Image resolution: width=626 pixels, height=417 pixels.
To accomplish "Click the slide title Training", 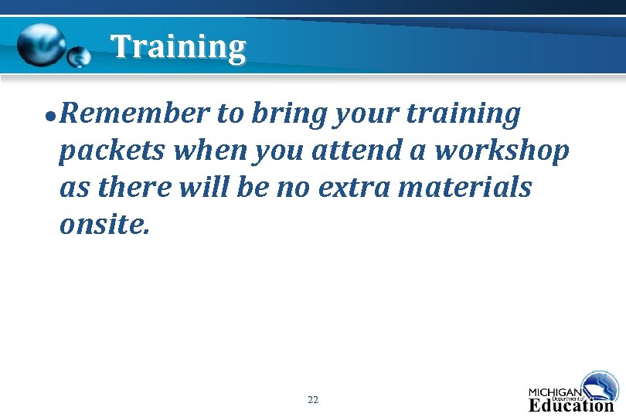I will point(178,47).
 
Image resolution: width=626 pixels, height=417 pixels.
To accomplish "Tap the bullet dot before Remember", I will point(49,117).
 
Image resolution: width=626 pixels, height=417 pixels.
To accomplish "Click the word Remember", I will point(134,114).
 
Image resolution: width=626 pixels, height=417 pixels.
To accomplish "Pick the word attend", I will point(354,151).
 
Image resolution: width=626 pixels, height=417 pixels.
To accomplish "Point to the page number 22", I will point(312,400).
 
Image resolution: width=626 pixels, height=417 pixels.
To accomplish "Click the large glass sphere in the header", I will point(42,46).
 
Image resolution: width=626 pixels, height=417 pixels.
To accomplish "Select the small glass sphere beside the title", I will point(79,57).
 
